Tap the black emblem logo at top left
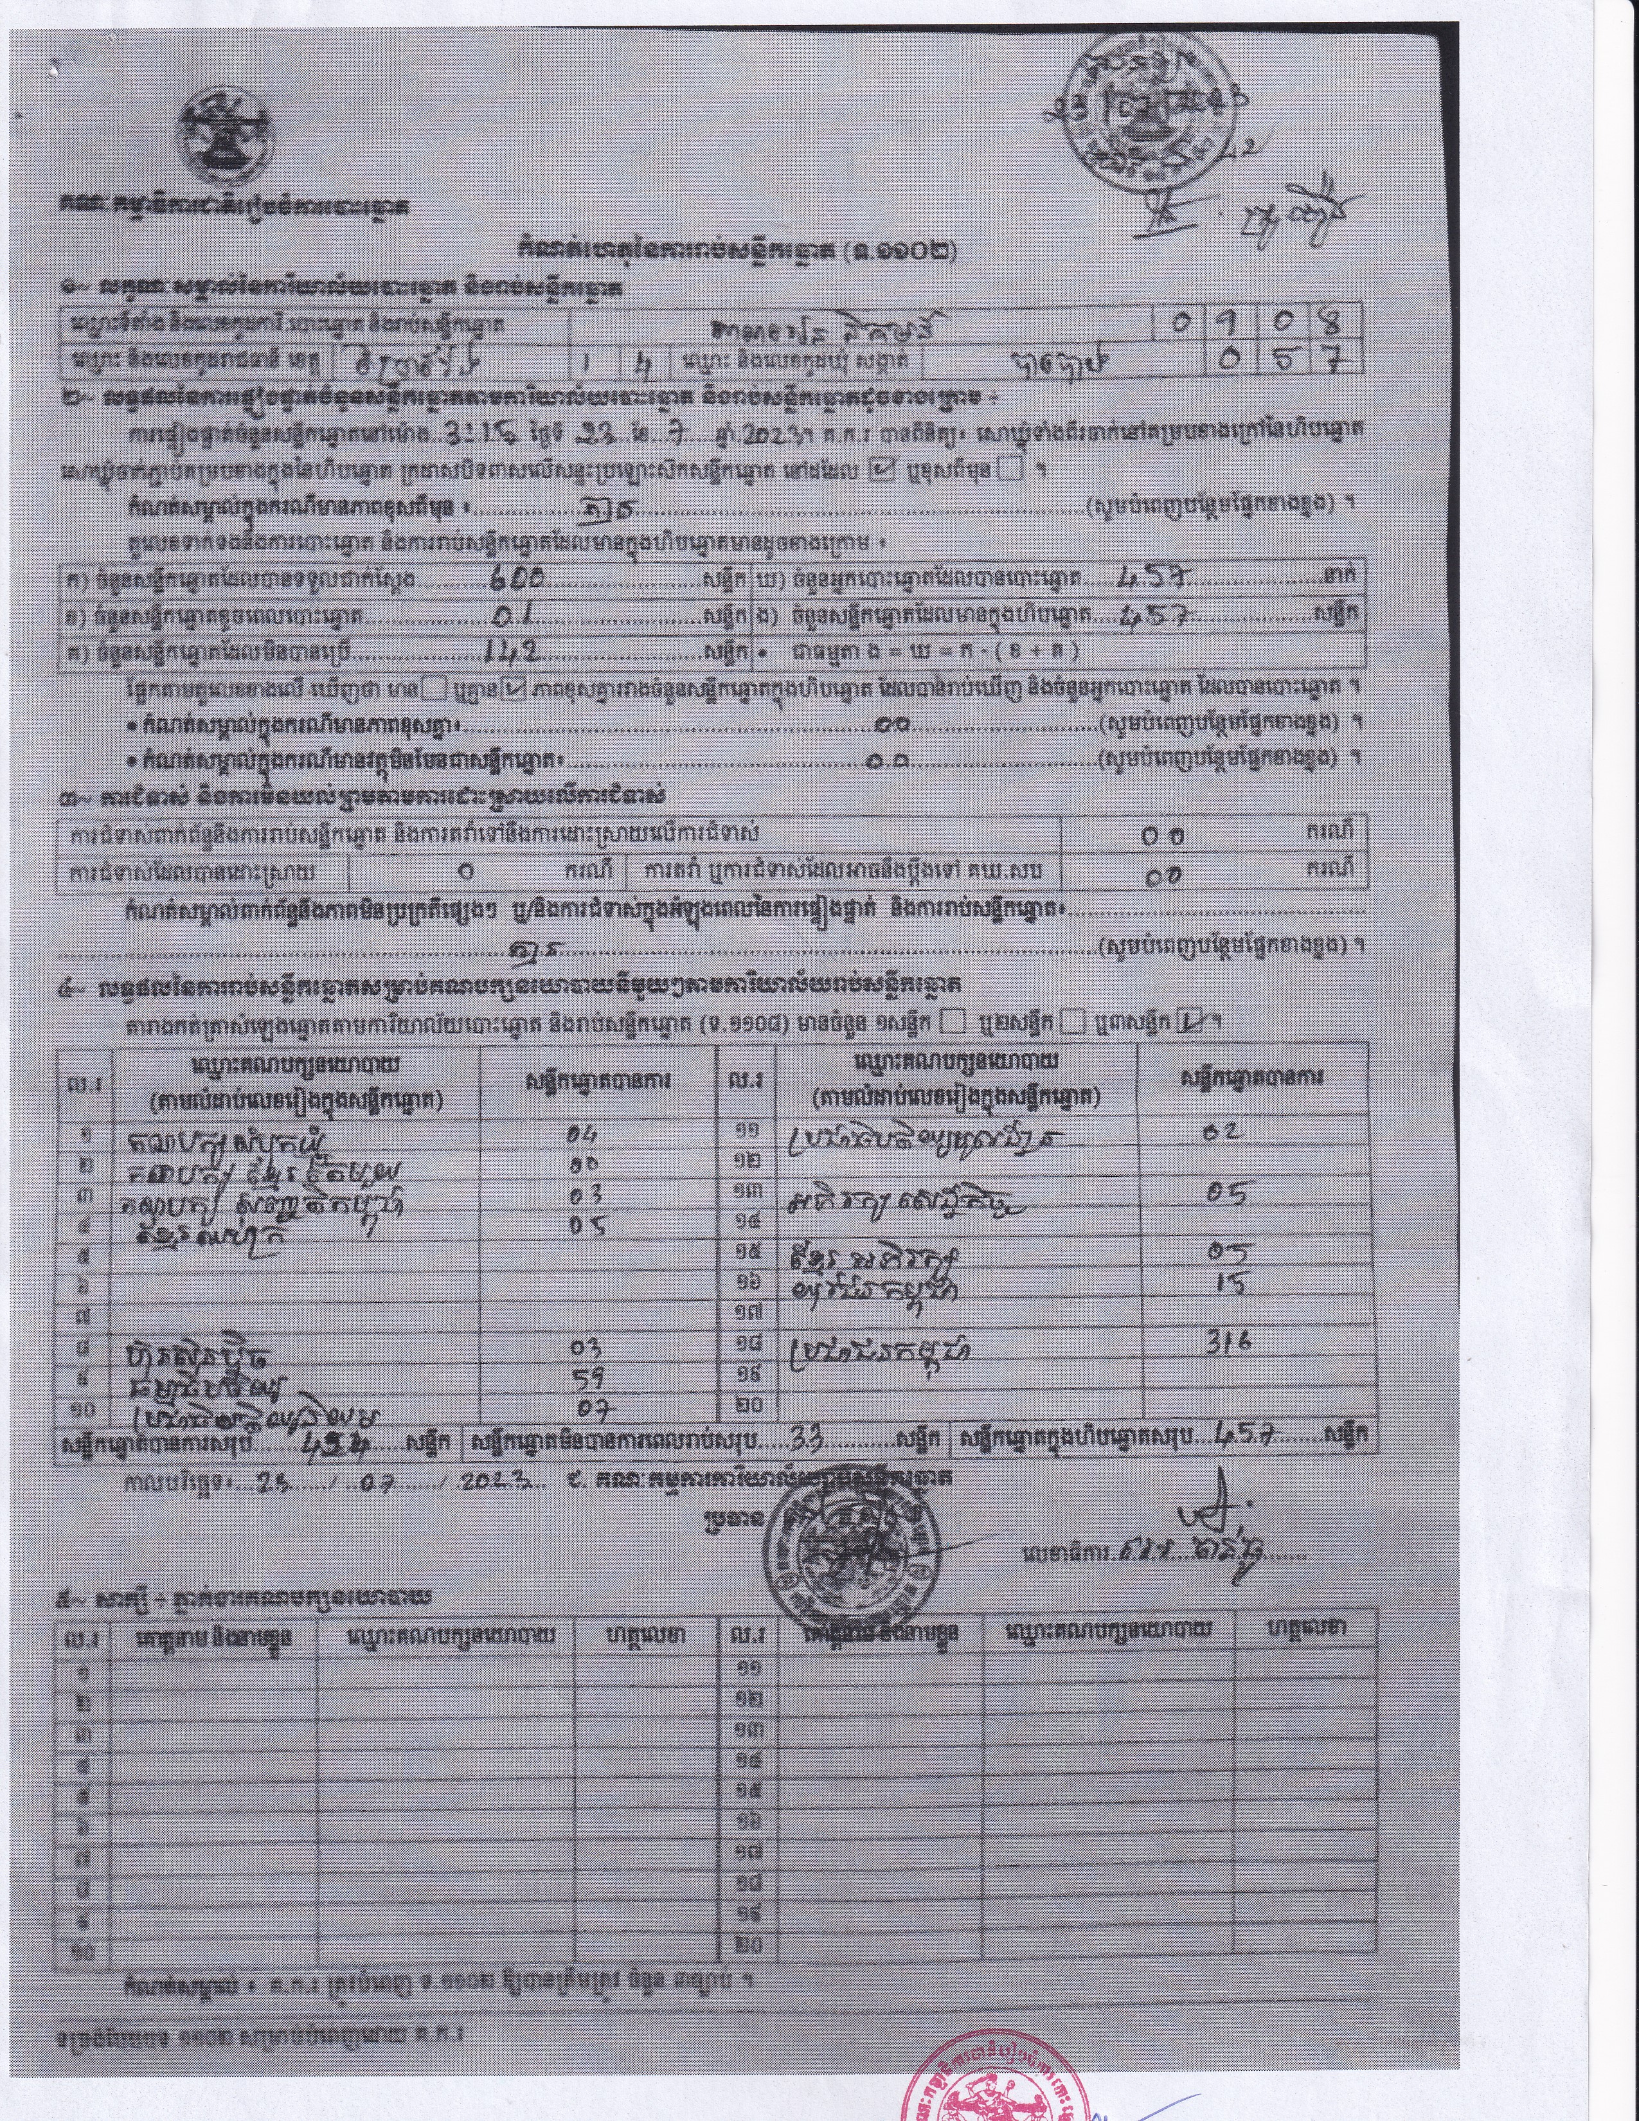tap(225, 139)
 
